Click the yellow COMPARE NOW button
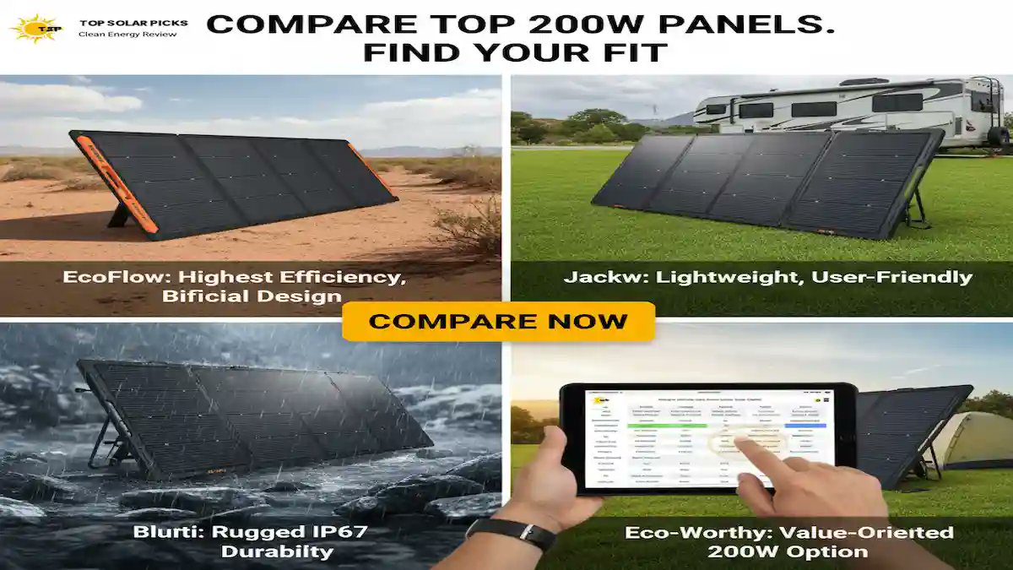pyautogui.click(x=498, y=322)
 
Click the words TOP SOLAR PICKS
pyautogui.click(x=133, y=23)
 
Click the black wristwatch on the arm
pyautogui.click(x=511, y=534)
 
